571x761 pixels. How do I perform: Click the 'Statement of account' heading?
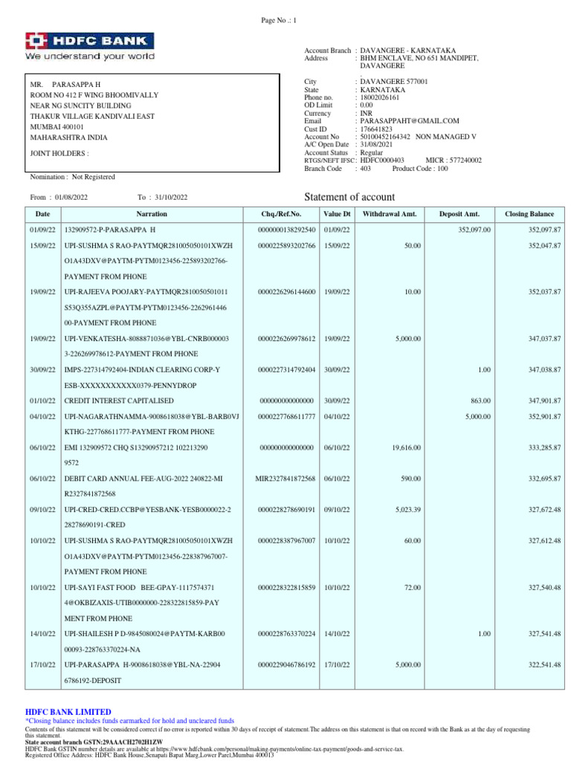tap(350, 197)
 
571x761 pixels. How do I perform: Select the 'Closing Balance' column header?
tap(529, 214)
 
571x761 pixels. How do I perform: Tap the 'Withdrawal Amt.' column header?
tap(390, 214)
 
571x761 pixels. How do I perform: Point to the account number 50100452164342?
tap(386, 137)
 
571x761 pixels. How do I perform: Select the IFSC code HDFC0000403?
tap(382, 160)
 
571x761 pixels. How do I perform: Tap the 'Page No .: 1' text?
tap(279, 21)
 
